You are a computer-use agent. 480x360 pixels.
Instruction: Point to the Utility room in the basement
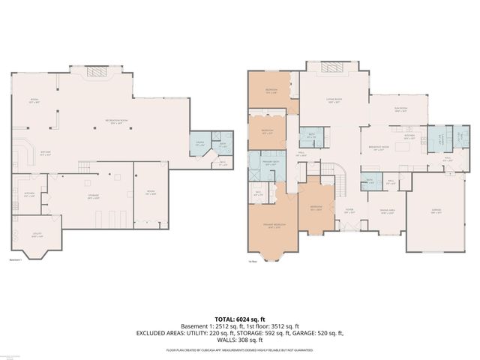click(28, 236)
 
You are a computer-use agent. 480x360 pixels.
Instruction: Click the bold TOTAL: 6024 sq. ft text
click(240, 319)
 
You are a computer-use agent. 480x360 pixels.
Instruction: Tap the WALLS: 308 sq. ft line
click(240, 339)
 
